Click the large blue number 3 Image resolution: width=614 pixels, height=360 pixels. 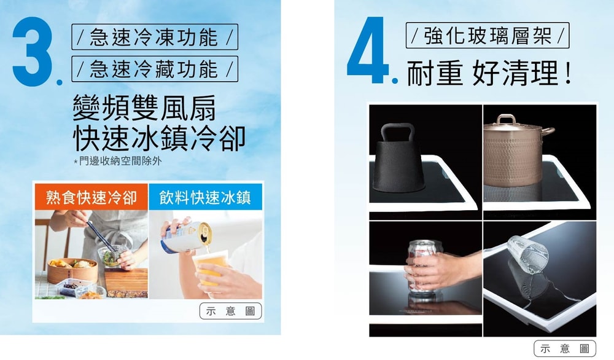(x=33, y=51)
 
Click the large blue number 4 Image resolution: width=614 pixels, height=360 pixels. (x=367, y=50)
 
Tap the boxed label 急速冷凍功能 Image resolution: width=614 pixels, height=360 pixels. (x=155, y=37)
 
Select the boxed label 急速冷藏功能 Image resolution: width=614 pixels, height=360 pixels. (x=155, y=69)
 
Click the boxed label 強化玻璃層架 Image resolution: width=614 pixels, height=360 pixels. (x=488, y=35)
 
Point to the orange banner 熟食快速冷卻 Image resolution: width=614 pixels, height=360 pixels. (x=91, y=197)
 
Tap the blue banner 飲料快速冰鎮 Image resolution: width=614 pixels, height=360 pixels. (x=205, y=197)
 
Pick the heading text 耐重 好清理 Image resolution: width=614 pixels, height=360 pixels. (x=489, y=73)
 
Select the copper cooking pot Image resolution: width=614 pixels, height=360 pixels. (x=516, y=151)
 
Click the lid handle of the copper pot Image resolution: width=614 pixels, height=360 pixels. (x=507, y=119)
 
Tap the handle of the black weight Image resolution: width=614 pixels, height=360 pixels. (x=398, y=132)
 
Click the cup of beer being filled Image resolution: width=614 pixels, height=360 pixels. (x=210, y=268)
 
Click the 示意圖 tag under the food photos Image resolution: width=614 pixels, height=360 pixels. (x=231, y=311)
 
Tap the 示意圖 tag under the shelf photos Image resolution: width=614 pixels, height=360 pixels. (x=565, y=348)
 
